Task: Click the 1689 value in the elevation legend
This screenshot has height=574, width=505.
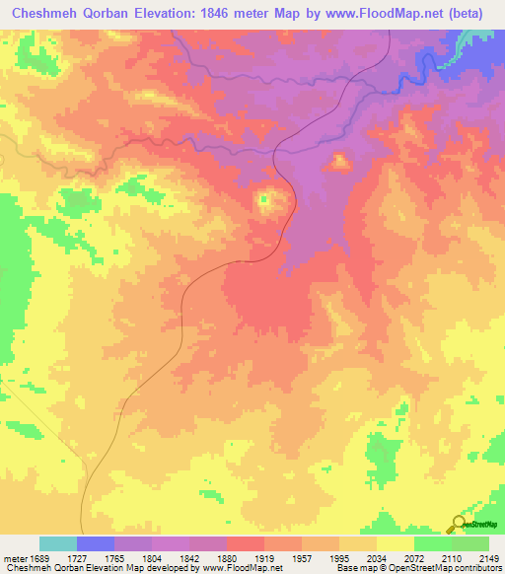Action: (39, 557)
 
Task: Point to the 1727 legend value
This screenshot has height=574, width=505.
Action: (77, 557)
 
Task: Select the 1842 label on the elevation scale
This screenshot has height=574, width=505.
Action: (189, 557)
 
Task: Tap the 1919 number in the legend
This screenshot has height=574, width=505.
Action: (264, 557)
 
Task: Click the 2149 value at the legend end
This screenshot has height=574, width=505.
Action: (489, 557)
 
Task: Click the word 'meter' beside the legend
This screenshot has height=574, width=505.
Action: (13, 557)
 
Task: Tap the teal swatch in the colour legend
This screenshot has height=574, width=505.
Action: (58, 543)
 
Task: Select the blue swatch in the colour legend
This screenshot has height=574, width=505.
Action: (96, 543)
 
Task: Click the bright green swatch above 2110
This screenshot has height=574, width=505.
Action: (433, 543)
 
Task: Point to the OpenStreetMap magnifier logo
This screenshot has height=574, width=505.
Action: (459, 526)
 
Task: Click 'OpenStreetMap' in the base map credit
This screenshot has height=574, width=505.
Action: (411, 568)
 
